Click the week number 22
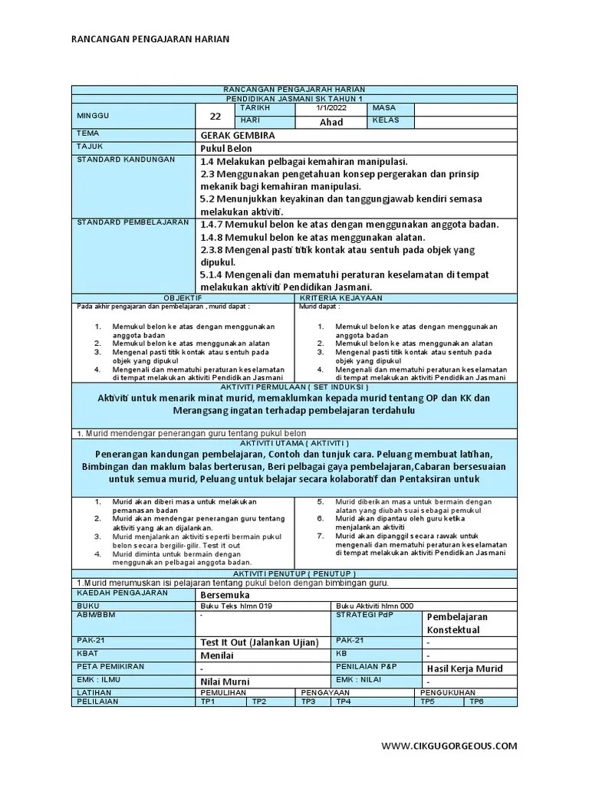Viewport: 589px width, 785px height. pyautogui.click(x=216, y=116)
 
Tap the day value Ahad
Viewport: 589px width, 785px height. pyautogui.click(x=331, y=122)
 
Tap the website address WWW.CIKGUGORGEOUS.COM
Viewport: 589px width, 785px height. pyautogui.click(x=449, y=746)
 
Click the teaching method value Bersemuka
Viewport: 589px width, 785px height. pyautogui.click(x=225, y=594)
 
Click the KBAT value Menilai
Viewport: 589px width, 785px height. pyautogui.click(x=217, y=655)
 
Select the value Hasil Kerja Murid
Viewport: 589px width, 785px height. pyautogui.click(x=465, y=668)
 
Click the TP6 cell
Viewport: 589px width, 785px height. pyautogui.click(x=476, y=701)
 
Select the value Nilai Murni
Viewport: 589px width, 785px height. pyautogui.click(x=225, y=682)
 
